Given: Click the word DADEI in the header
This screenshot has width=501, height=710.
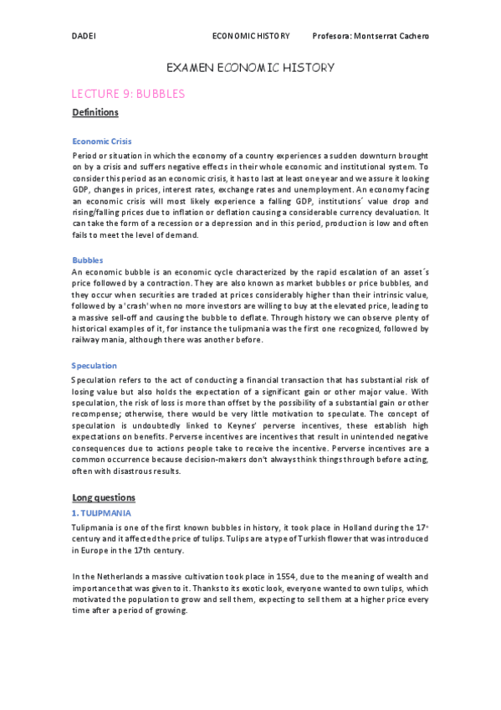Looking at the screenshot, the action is pyautogui.click(x=83, y=36).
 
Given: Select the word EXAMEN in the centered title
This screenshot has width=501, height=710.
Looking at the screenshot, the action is pyautogui.click(x=189, y=68).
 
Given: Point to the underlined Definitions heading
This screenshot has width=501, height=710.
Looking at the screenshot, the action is pyautogui.click(x=95, y=112).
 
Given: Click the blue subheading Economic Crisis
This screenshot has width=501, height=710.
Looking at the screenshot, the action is pyautogui.click(x=102, y=141).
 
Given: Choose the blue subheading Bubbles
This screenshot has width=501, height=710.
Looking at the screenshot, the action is pyautogui.click(x=87, y=260).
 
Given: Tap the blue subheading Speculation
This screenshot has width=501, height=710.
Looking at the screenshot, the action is pyautogui.click(x=95, y=366).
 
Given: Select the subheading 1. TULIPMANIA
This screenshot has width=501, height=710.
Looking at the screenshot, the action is pyautogui.click(x=102, y=512).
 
